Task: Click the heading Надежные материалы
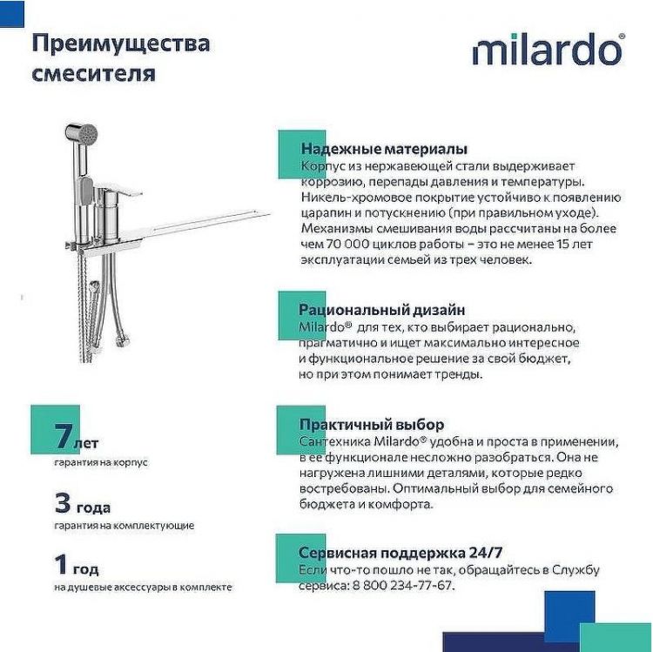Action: (x=383, y=149)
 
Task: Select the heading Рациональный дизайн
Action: (x=381, y=309)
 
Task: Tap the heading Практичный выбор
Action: (x=371, y=425)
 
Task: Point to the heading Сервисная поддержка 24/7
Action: (x=401, y=553)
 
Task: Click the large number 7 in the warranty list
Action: (x=63, y=436)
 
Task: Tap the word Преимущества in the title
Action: (x=120, y=43)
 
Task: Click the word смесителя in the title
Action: (x=94, y=73)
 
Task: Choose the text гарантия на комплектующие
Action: (x=124, y=526)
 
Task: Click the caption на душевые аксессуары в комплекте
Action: (x=143, y=588)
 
